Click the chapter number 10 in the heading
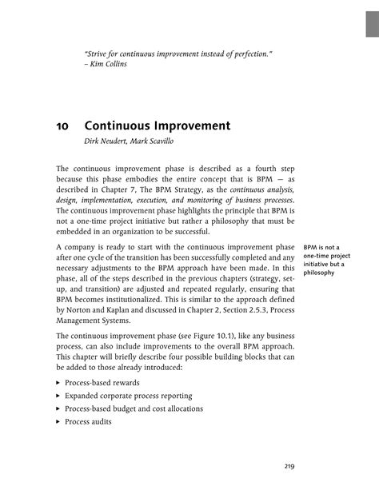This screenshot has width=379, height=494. (62, 125)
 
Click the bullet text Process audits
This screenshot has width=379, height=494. (89, 421)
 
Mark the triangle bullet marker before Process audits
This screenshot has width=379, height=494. (58, 421)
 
